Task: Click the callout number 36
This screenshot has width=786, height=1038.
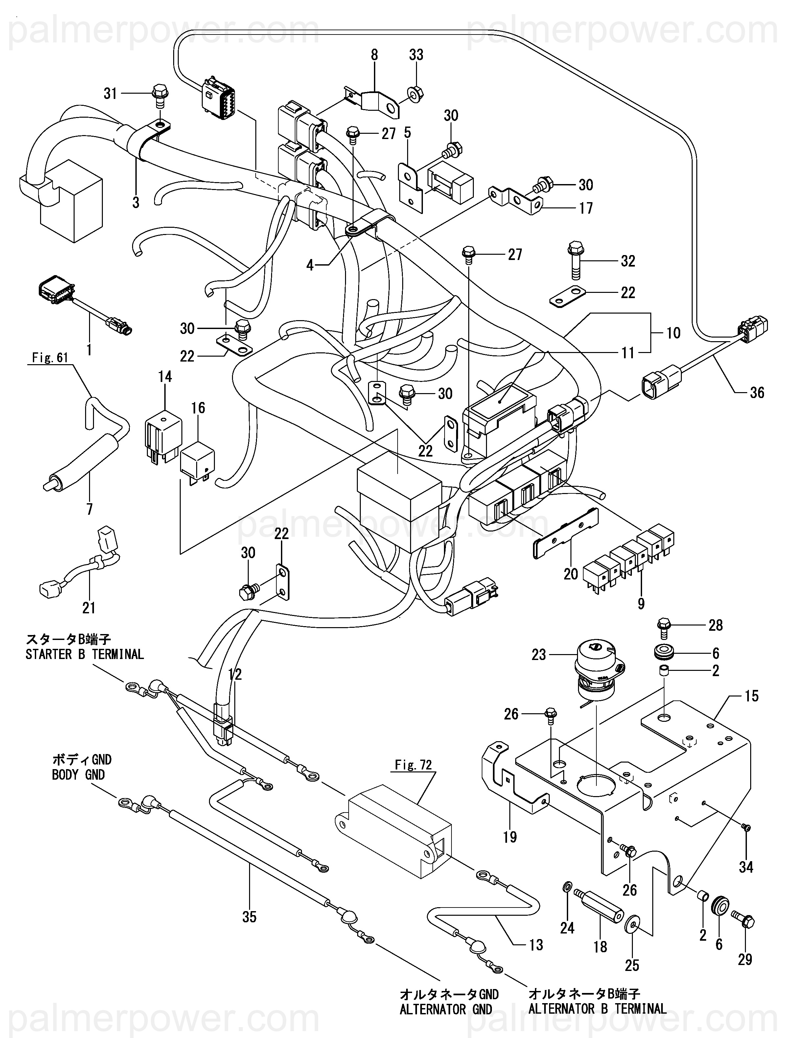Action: pyautogui.click(x=757, y=392)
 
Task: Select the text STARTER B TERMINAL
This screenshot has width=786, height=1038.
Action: pyautogui.click(x=84, y=654)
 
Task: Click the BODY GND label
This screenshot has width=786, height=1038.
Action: pyautogui.click(x=78, y=775)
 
